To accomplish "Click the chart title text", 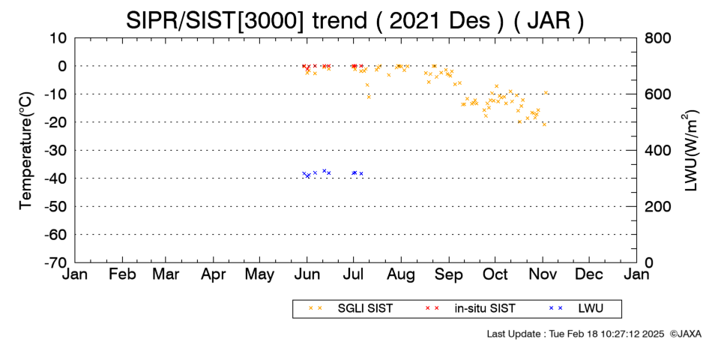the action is pyautogui.click(x=355, y=20).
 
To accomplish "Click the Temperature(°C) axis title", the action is pyautogui.click(x=26, y=151).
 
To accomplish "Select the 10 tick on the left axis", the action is pyautogui.click(x=58, y=38).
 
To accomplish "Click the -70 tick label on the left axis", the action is pyautogui.click(x=55, y=262).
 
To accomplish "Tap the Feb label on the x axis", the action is pyautogui.click(x=123, y=274).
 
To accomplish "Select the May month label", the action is pyautogui.click(x=260, y=275).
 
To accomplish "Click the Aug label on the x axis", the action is pyautogui.click(x=401, y=275).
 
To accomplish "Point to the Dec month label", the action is pyautogui.click(x=589, y=274).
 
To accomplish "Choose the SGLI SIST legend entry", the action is pyautogui.click(x=351, y=308).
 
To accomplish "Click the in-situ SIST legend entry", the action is pyautogui.click(x=471, y=308).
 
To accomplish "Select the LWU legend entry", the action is pyautogui.click(x=576, y=308).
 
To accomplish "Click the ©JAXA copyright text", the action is pyautogui.click(x=685, y=334).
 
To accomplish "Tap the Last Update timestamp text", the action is pyautogui.click(x=576, y=334).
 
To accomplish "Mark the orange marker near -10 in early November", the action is pyautogui.click(x=546, y=93).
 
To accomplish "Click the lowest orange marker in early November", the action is pyautogui.click(x=544, y=124).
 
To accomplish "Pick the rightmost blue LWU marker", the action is pyautogui.click(x=361, y=174).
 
